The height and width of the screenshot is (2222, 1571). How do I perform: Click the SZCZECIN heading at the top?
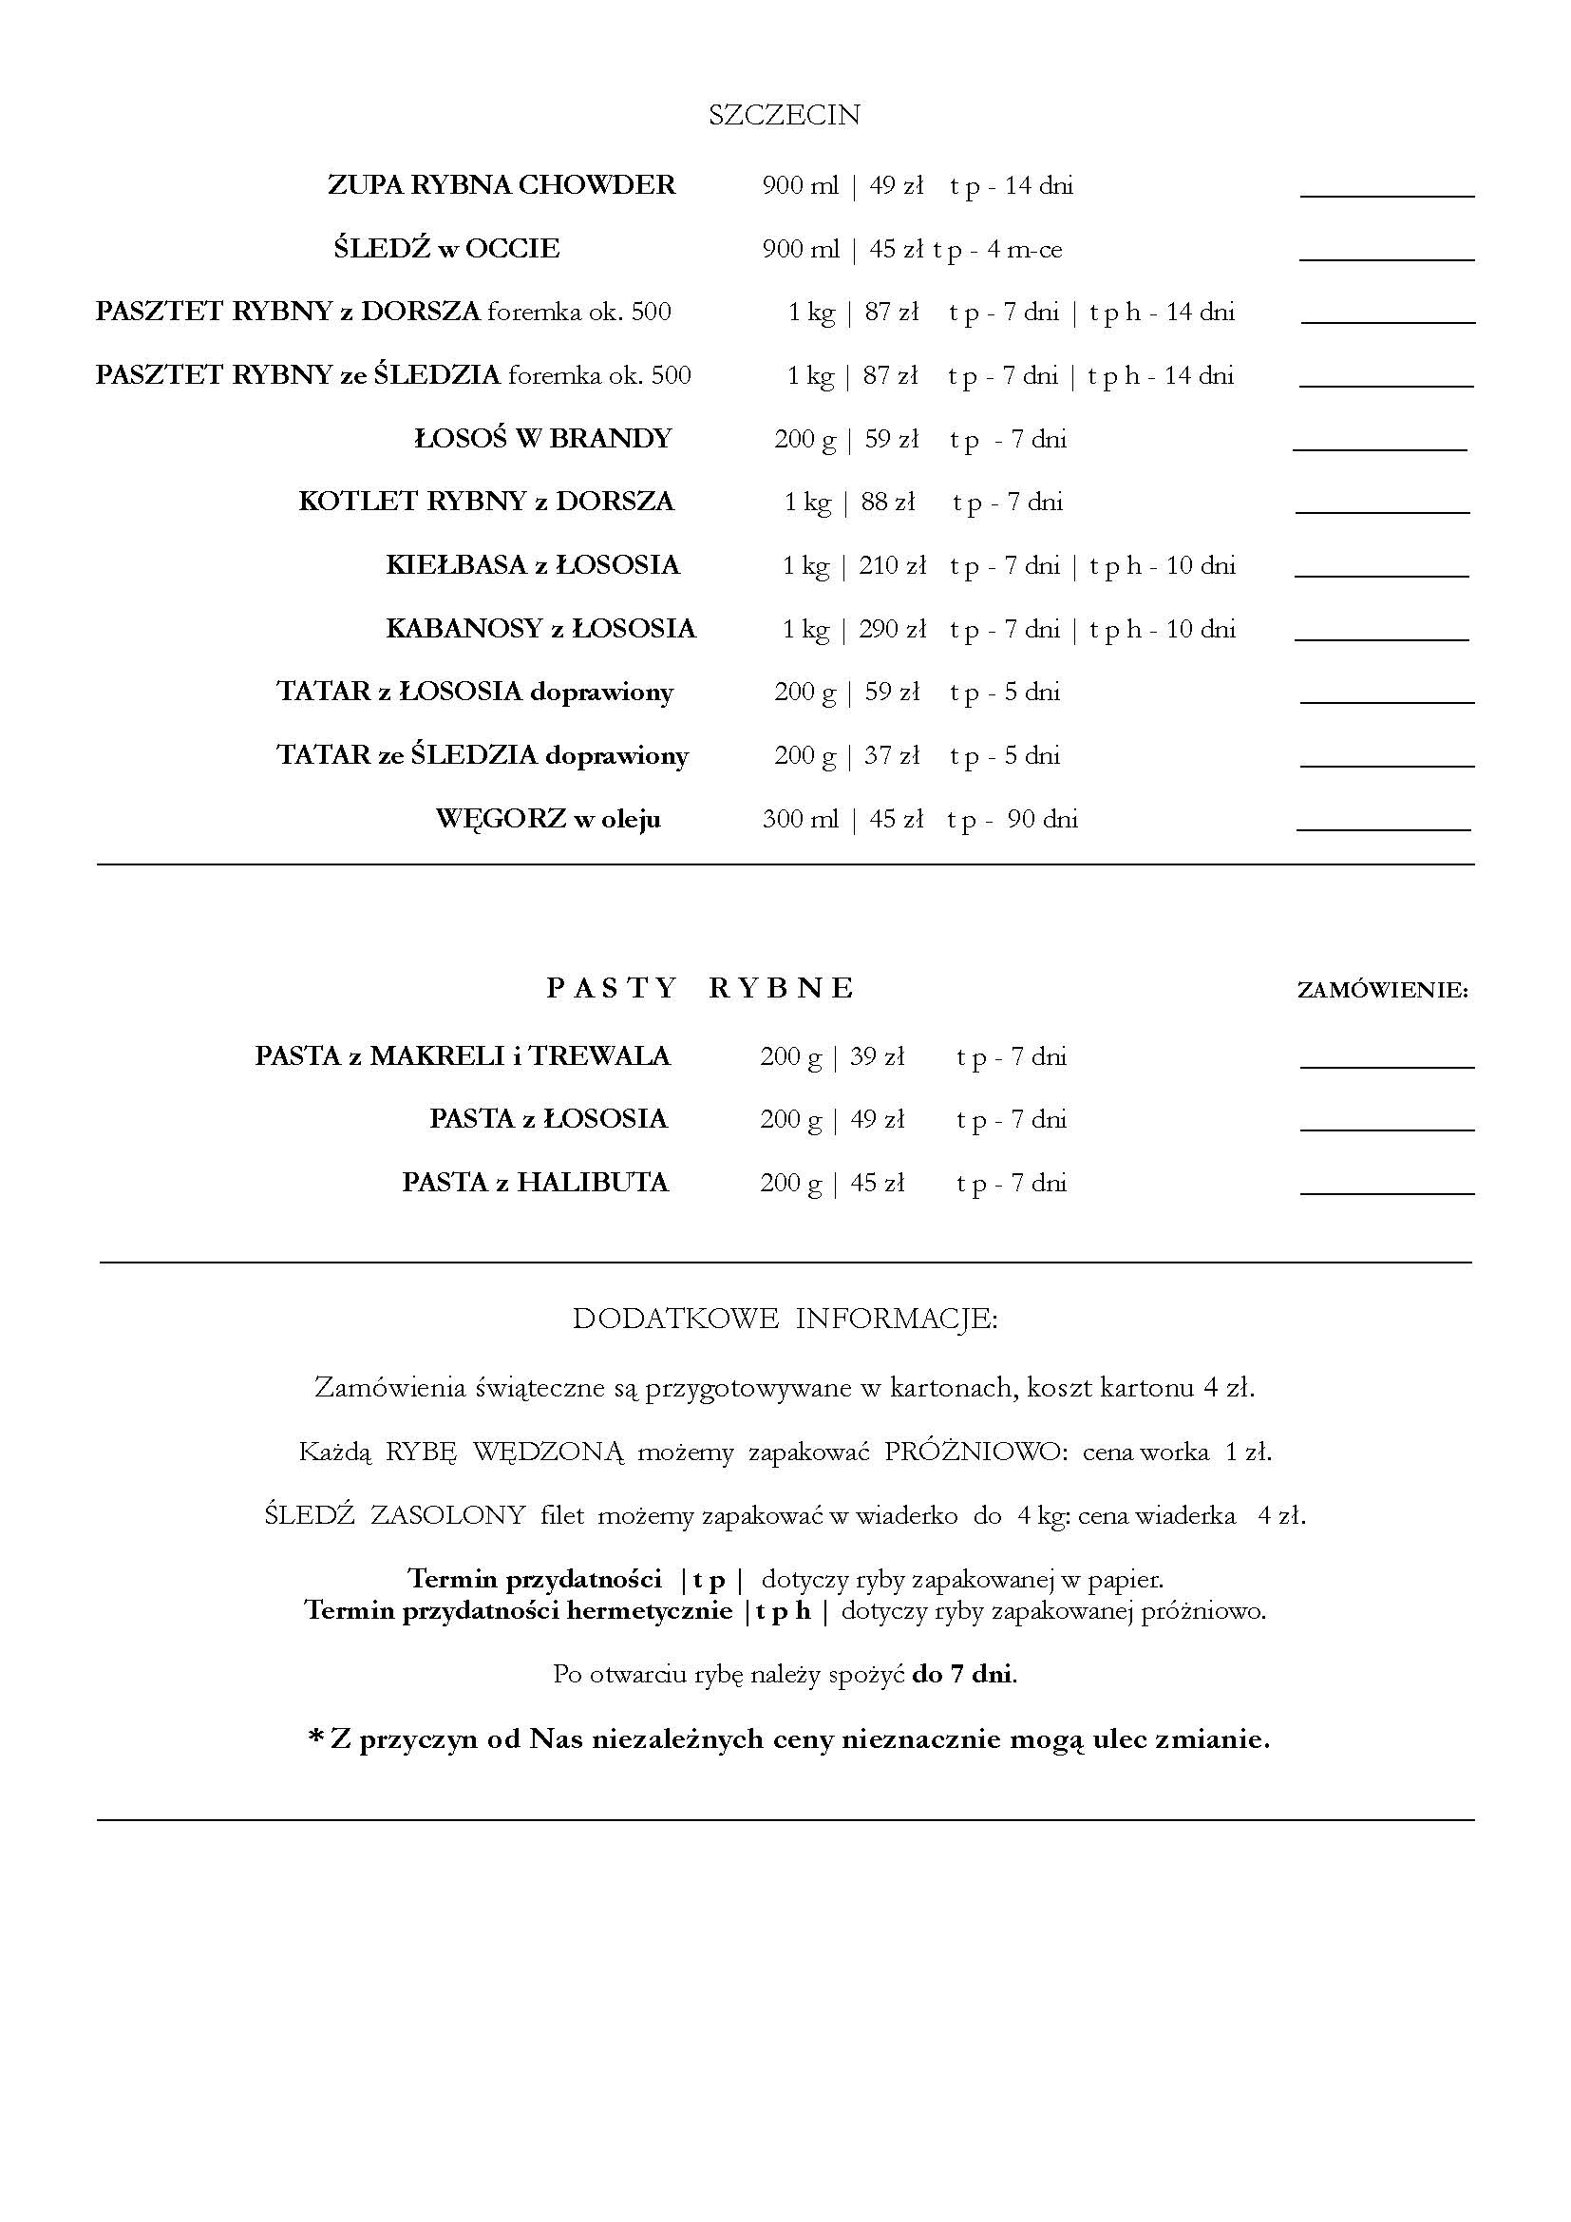(x=784, y=115)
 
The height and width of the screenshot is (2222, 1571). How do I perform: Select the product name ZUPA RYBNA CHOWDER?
(x=502, y=185)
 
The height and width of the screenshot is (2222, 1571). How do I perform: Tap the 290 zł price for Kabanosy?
(x=892, y=629)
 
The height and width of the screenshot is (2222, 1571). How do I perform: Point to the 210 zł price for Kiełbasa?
(x=892, y=565)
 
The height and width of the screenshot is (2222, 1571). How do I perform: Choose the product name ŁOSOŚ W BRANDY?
(x=542, y=438)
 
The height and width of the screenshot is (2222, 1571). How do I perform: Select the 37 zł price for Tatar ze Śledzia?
(x=891, y=755)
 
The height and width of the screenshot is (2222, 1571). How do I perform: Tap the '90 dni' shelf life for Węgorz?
(x=1042, y=819)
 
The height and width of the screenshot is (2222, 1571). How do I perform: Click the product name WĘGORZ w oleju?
(x=547, y=819)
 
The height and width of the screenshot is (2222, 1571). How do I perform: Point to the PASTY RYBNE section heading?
(x=700, y=988)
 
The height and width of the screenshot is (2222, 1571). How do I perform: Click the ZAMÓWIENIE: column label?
(x=1382, y=990)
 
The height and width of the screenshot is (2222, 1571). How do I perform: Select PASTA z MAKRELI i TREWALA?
(x=463, y=1055)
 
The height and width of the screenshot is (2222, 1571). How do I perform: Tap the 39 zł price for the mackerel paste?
(x=877, y=1055)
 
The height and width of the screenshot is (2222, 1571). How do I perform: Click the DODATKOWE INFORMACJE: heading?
(x=785, y=1320)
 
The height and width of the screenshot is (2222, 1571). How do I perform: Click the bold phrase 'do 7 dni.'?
(x=963, y=1674)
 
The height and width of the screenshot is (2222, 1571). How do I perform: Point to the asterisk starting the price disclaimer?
(x=315, y=1739)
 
